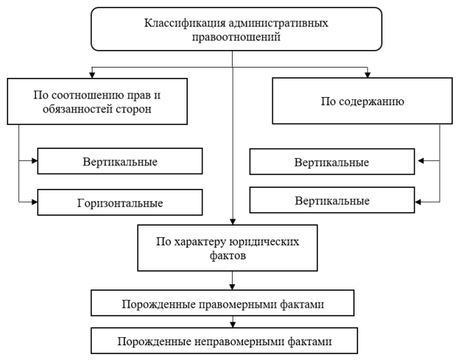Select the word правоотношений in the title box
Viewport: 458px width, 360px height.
pos(233,37)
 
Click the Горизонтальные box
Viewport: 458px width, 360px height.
pos(119,201)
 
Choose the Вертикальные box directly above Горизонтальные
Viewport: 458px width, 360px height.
pos(119,159)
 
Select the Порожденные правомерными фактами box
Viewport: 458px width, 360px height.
pos(233,303)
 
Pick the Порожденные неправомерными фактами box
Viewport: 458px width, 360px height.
pos(233,341)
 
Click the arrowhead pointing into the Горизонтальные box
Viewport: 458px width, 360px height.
pos(34,201)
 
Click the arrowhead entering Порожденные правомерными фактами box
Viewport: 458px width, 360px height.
pos(233,288)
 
